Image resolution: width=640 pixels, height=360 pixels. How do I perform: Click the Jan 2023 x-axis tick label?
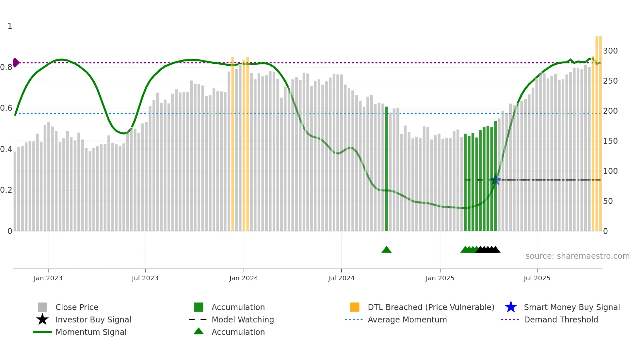[48, 278]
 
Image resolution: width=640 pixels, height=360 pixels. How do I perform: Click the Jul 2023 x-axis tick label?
[145, 278]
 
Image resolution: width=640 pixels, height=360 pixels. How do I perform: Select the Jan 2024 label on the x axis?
[244, 278]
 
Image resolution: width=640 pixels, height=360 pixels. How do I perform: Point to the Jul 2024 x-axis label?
[341, 278]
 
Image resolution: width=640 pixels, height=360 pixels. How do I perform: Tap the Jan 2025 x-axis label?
[440, 278]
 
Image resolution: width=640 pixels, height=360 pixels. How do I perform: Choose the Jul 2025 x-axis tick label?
[537, 278]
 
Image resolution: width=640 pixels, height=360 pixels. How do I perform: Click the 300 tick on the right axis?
[610, 51]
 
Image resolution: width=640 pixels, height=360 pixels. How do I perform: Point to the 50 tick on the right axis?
[608, 201]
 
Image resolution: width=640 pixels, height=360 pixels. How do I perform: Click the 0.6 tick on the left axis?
[6, 108]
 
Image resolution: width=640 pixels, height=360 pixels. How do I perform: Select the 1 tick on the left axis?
[10, 26]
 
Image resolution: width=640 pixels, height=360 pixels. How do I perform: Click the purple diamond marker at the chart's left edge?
[16, 62]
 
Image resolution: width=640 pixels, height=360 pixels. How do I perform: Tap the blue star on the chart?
[495, 180]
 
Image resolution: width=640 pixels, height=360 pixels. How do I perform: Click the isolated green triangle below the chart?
[386, 250]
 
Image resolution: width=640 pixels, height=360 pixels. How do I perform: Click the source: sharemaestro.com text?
[577, 256]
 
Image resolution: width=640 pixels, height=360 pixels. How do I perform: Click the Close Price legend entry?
[77, 307]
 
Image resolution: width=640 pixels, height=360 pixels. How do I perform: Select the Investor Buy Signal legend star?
[42, 319]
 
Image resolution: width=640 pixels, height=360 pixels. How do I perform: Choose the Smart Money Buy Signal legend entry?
[571, 307]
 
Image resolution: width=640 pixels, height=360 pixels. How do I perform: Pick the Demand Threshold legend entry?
[561, 319]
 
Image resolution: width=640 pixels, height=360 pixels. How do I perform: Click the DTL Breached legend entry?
[431, 307]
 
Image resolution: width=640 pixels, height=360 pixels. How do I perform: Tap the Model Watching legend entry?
[243, 319]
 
